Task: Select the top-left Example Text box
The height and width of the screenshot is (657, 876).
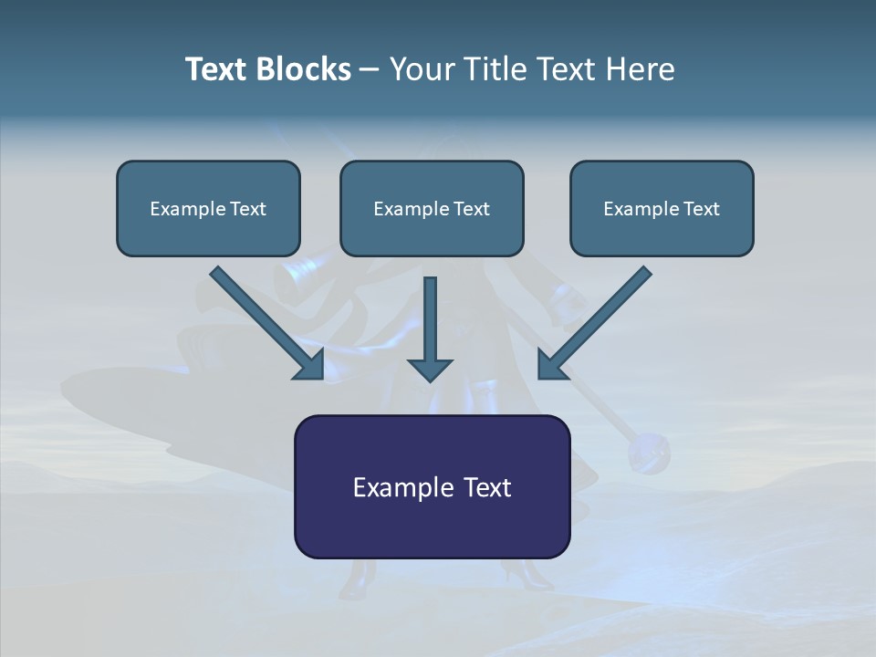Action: click(x=208, y=208)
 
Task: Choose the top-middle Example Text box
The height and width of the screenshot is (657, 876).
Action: click(x=432, y=208)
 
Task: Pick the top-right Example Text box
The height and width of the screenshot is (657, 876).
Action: click(x=662, y=208)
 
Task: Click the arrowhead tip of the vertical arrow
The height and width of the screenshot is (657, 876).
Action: click(x=430, y=378)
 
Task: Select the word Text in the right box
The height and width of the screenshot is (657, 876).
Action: click(x=701, y=209)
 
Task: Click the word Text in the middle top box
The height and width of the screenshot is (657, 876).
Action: click(x=471, y=209)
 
